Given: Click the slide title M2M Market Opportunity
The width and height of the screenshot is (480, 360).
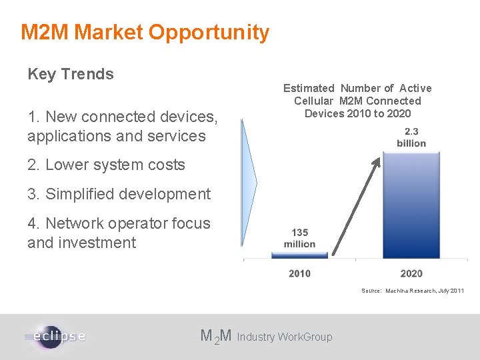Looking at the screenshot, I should (145, 32).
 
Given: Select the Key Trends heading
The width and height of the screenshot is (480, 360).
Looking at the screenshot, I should (71, 74).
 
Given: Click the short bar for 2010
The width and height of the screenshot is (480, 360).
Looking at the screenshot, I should (299, 255).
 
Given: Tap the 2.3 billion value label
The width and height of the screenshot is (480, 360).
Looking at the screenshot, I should (411, 138).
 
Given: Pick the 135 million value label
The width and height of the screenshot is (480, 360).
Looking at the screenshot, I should (299, 238).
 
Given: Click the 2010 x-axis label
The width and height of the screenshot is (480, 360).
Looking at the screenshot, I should (299, 273).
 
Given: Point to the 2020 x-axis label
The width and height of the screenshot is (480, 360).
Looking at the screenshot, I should (411, 273).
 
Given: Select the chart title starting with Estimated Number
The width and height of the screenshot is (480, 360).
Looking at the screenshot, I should (357, 101).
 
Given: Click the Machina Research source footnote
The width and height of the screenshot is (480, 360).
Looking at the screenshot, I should (412, 291).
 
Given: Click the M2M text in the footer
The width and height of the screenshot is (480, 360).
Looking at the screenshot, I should (216, 336).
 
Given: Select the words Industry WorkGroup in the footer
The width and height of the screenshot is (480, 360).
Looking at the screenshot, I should (285, 337).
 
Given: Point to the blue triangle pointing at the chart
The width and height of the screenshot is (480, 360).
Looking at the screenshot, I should (249, 183).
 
